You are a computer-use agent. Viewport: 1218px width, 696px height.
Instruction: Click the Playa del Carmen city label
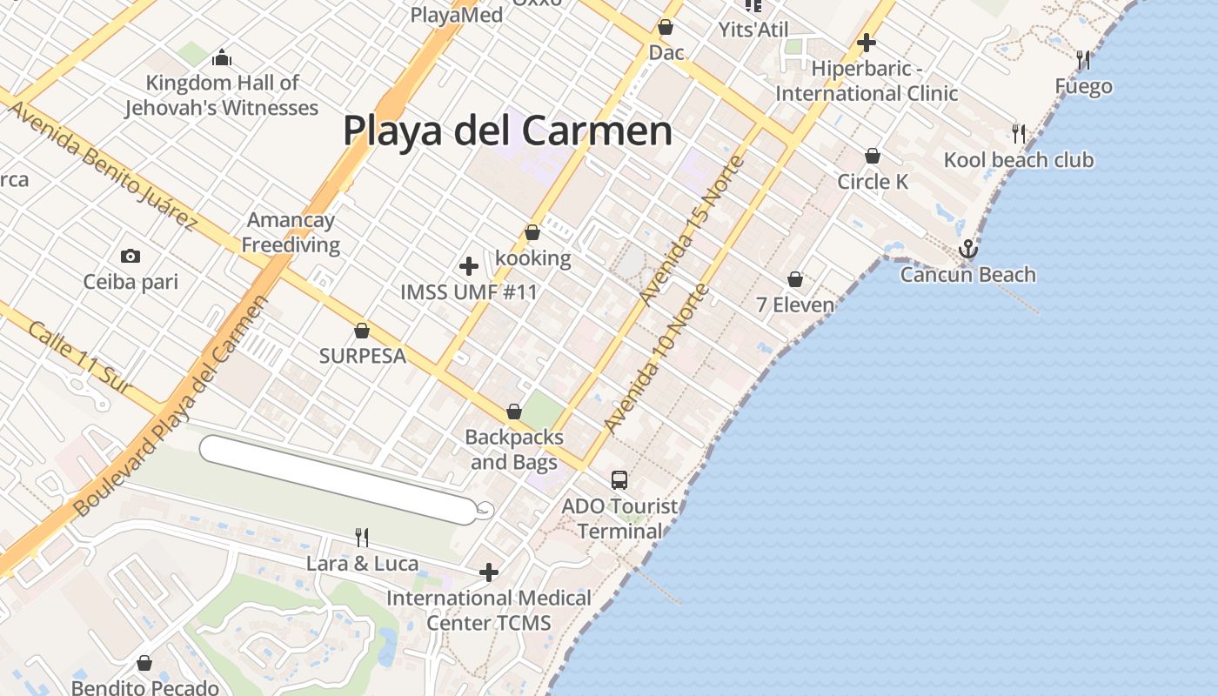(x=507, y=131)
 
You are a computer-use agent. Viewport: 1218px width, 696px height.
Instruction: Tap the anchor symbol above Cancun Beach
(x=967, y=251)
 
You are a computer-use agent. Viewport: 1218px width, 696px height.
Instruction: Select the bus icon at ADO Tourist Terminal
(x=619, y=479)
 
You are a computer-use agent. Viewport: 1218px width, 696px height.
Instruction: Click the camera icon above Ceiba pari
(x=130, y=256)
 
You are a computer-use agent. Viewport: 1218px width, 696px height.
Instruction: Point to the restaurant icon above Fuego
(x=1082, y=60)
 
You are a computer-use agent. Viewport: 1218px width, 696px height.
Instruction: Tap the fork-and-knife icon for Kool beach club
(x=1018, y=134)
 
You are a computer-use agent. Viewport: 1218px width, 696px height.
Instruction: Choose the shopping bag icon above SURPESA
(x=362, y=331)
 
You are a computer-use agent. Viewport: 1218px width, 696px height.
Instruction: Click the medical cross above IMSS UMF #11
(x=469, y=265)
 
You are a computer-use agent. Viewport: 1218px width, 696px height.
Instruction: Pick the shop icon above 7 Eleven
(x=794, y=279)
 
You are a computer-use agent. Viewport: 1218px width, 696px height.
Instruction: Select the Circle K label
(x=873, y=182)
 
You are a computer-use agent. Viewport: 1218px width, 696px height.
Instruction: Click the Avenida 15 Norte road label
(x=693, y=230)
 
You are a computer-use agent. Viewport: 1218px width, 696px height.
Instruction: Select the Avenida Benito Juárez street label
(x=102, y=164)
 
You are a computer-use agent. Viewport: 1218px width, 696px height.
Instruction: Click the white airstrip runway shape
(x=339, y=479)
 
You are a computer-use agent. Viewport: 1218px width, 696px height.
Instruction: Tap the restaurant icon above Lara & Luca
(x=362, y=538)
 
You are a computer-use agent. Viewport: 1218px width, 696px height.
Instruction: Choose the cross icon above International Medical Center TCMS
(x=489, y=572)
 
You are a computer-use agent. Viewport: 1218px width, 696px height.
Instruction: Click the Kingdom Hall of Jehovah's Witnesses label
(x=222, y=95)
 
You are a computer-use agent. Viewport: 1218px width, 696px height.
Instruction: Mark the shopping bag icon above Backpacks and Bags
(x=514, y=412)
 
